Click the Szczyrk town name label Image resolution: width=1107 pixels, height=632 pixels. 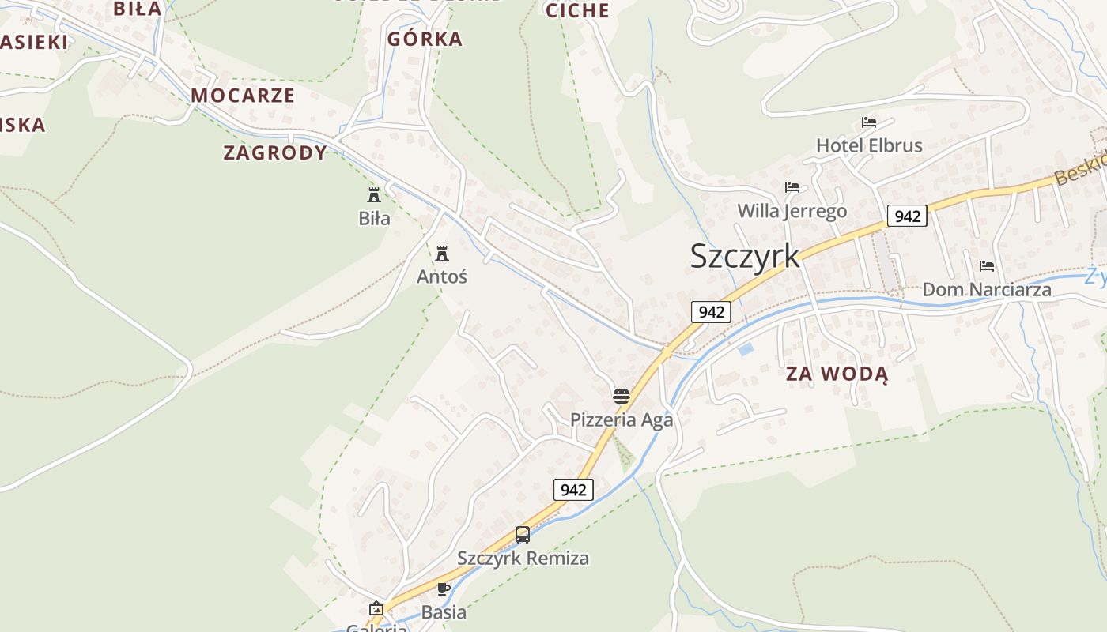click(745, 256)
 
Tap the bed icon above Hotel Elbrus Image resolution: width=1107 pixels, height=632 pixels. click(869, 122)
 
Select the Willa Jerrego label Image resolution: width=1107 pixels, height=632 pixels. click(792, 211)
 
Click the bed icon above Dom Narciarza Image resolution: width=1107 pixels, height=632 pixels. click(987, 266)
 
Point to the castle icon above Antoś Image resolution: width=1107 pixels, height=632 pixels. click(442, 254)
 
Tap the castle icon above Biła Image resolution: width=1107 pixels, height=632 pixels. click(374, 195)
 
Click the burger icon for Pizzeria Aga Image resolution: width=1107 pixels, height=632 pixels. click(622, 396)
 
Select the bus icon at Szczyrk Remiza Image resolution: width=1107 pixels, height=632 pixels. click(523, 535)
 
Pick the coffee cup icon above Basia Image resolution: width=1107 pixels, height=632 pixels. click(444, 589)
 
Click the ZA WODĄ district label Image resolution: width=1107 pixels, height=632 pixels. click(837, 374)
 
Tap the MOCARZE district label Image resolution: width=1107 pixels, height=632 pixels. click(243, 96)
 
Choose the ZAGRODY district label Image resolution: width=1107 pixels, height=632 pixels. click(275, 152)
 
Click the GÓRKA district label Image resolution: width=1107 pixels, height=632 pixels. click(425, 39)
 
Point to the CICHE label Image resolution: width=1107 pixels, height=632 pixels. click(577, 10)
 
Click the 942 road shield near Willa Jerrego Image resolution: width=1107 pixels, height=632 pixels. click(906, 216)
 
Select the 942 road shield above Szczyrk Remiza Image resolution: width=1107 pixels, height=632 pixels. click(573, 490)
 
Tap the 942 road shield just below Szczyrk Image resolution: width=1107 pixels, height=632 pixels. click(712, 312)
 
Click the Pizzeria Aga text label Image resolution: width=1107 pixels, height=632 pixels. click(622, 419)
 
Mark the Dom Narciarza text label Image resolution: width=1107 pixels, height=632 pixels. click(987, 289)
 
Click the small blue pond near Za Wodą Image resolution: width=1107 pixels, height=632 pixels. click(745, 348)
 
